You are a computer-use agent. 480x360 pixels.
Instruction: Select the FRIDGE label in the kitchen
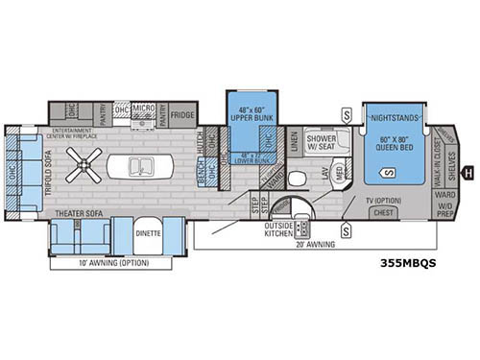[182, 114]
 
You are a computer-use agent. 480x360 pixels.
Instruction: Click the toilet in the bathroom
[298, 178]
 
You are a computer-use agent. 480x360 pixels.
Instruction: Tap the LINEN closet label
[294, 144]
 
